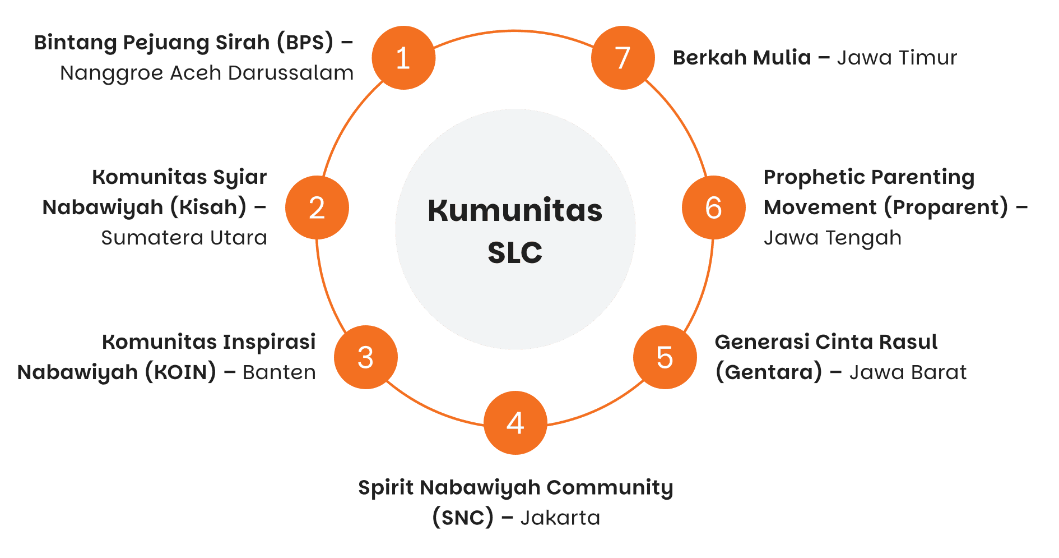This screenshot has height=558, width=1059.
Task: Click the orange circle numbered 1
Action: point(403,58)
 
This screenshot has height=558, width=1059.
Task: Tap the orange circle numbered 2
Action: point(317,207)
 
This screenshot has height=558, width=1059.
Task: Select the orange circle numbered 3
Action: point(366,357)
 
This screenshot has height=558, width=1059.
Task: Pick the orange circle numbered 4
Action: point(515,423)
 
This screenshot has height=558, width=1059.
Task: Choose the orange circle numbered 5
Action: point(665,357)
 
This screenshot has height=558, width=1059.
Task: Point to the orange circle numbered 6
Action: point(713,207)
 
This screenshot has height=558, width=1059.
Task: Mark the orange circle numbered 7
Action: point(623,58)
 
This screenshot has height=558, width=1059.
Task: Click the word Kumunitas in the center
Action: point(515,211)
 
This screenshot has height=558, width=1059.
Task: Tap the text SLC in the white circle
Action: point(515,253)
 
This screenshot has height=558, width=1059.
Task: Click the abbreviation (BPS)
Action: point(305,43)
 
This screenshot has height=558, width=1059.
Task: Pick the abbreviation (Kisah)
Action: point(208,207)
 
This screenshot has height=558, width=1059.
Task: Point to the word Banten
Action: point(279,372)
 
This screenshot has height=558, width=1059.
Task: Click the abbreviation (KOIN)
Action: point(180,372)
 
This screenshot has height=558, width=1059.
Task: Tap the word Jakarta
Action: point(560,518)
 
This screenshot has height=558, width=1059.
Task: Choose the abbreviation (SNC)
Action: point(463,518)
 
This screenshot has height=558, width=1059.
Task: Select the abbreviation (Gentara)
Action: point(768,372)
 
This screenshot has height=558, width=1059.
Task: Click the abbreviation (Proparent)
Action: point(946,207)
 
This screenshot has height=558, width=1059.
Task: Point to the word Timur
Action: point(927,58)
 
